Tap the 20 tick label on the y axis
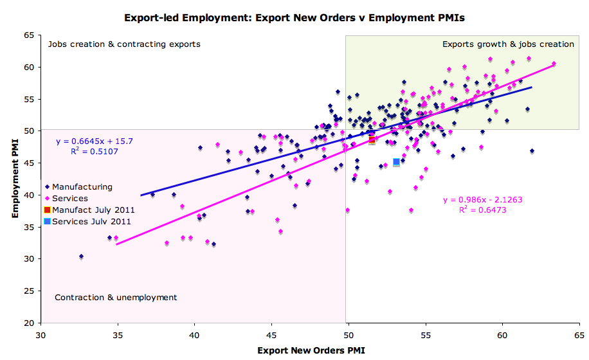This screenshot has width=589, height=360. point(29,323)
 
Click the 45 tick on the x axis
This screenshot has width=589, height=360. point(271,335)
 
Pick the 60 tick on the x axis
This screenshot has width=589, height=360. point(502,335)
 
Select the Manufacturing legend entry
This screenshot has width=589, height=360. point(82,187)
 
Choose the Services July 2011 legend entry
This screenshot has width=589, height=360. point(91,221)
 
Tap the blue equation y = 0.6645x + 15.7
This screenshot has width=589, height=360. point(95,141)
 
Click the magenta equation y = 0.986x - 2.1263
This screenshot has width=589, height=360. point(482,200)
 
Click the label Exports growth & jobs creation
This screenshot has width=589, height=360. point(508,44)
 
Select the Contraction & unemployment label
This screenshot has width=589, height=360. point(116,298)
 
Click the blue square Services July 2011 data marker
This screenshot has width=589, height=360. point(396,163)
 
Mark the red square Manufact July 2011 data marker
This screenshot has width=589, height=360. point(372,139)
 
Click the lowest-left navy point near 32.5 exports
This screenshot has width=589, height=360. point(81,256)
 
